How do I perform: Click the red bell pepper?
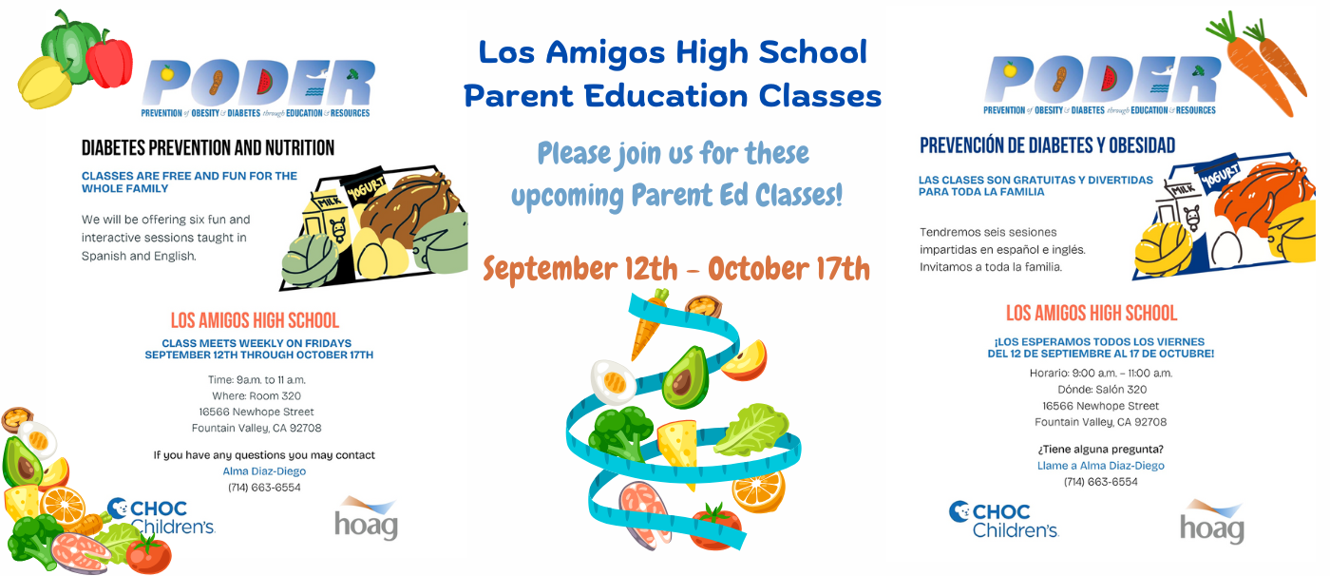[109, 59]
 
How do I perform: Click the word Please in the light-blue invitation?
[574, 153]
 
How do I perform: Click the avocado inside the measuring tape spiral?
[686, 377]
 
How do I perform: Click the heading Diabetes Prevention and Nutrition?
[208, 148]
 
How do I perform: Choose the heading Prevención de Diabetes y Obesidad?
[1047, 145]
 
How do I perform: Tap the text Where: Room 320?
[256, 396]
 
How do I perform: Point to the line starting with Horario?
[1101, 374]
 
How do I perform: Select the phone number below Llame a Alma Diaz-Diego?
[1101, 482]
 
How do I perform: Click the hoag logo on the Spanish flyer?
[1211, 522]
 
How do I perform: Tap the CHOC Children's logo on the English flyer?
[161, 517]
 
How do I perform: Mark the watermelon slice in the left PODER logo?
[264, 83]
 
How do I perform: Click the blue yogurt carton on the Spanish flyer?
[1218, 178]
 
